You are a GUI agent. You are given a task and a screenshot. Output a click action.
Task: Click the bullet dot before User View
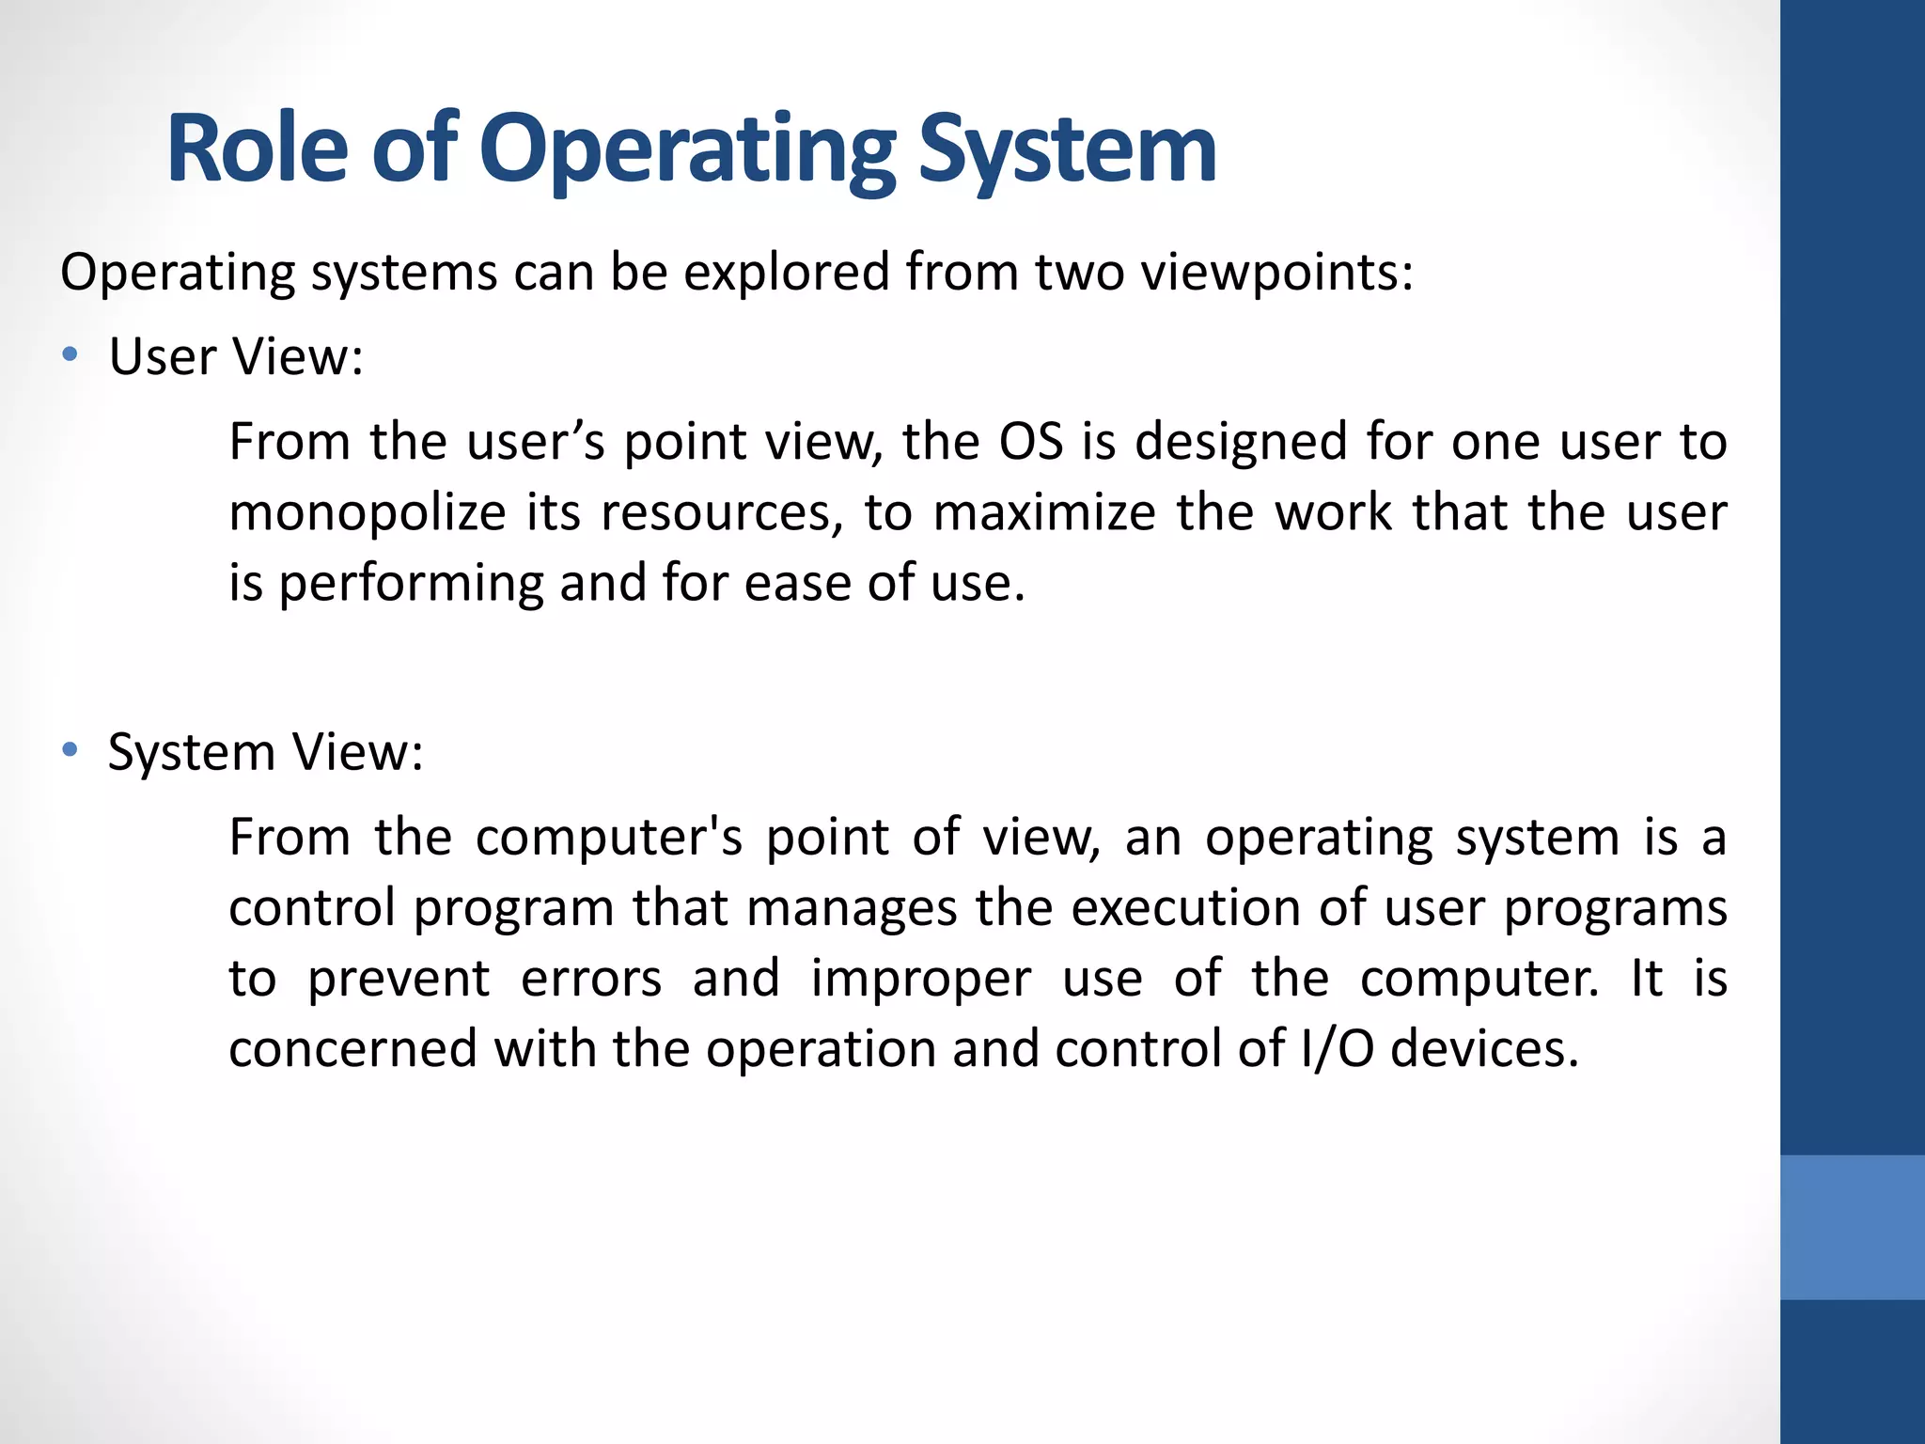click(70, 355)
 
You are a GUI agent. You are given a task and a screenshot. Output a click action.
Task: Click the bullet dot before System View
click(70, 750)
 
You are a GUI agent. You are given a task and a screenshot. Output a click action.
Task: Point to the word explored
click(786, 274)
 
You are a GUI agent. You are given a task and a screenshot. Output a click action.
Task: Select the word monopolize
click(368, 514)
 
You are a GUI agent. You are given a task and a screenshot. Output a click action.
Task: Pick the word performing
click(411, 584)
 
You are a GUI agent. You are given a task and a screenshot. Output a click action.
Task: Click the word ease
click(798, 584)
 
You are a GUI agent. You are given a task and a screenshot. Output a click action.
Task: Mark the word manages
click(850, 909)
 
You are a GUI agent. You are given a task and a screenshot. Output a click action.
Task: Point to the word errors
click(591, 979)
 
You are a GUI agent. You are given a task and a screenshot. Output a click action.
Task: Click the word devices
click(1484, 1049)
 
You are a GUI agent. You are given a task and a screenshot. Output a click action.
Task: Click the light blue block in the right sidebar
click(1852, 1227)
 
